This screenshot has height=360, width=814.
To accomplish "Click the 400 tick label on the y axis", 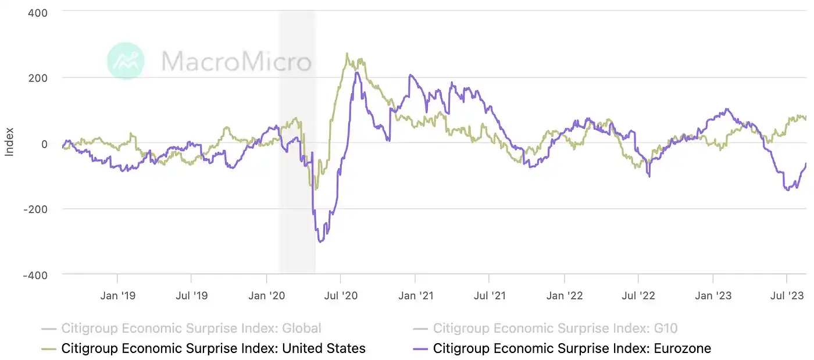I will click(x=37, y=12).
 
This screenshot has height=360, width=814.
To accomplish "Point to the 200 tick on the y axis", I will click(x=37, y=77).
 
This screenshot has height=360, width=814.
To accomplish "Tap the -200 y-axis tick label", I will click(x=35, y=209).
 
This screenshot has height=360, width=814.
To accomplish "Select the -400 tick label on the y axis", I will click(x=35, y=275).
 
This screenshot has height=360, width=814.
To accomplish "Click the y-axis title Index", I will click(x=9, y=143).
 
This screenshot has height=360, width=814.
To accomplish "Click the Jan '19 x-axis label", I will click(x=117, y=296).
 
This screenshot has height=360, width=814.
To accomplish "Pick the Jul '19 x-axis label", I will click(x=191, y=296).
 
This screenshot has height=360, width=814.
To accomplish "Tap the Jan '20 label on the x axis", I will click(x=266, y=296).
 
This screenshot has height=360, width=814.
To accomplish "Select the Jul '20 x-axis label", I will click(x=340, y=296).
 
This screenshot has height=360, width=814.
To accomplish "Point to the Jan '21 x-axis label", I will click(x=415, y=296).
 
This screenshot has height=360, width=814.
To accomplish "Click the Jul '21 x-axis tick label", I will click(x=489, y=296).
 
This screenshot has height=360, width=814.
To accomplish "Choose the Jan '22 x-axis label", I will click(x=564, y=296).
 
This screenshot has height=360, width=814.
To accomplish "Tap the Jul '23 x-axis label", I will click(x=787, y=296).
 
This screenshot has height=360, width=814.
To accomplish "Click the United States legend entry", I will click(x=213, y=348).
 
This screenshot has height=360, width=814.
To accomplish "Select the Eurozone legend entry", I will click(x=572, y=348).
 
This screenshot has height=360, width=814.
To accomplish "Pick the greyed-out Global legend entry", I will click(x=191, y=329).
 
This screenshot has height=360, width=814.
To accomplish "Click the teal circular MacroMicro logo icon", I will click(x=126, y=60).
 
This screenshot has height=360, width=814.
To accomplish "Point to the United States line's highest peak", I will click(x=347, y=54).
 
